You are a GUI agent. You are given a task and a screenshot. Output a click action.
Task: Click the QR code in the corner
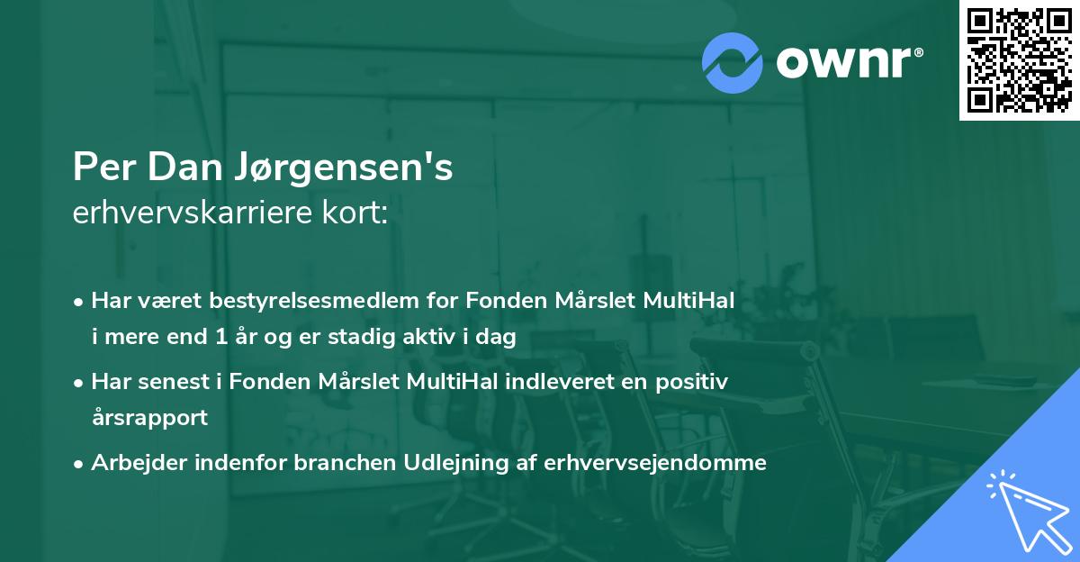[1019, 60]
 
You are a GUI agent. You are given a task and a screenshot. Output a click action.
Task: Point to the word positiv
[694, 381]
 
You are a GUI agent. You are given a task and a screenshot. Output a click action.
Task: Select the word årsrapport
[149, 418]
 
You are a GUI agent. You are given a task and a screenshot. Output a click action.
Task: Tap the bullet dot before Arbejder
[79, 463]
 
